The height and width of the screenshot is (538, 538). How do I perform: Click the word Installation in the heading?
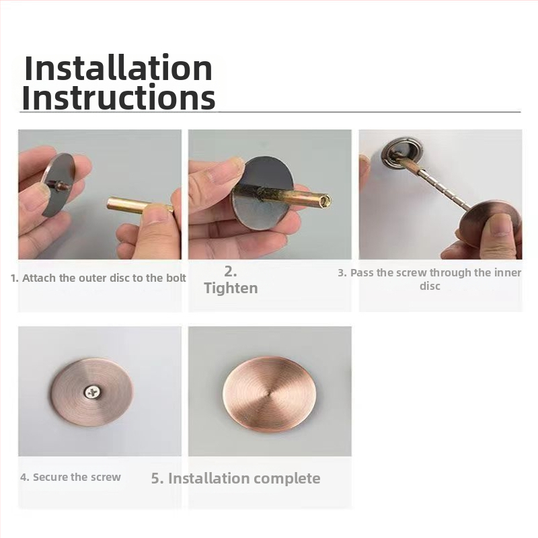pyautogui.click(x=118, y=68)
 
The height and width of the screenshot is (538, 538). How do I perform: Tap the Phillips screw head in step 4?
pyautogui.click(x=91, y=392)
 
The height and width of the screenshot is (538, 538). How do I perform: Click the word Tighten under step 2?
pyautogui.click(x=231, y=288)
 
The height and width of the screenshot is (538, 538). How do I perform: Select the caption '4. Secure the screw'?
pyautogui.click(x=71, y=477)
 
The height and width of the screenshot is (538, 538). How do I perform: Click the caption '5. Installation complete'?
pyautogui.click(x=236, y=478)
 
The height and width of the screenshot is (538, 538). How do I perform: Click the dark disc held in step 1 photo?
pyautogui.click(x=59, y=184)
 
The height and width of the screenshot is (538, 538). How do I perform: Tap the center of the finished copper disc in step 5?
pyautogui.click(x=267, y=393)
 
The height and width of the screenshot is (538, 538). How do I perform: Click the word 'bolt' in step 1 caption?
pyautogui.click(x=176, y=278)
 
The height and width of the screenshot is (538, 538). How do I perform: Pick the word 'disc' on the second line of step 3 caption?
pyautogui.click(x=430, y=286)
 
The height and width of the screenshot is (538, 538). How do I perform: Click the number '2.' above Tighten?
pyautogui.click(x=231, y=271)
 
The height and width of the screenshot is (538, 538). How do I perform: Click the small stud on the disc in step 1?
pyautogui.click(x=61, y=186)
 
